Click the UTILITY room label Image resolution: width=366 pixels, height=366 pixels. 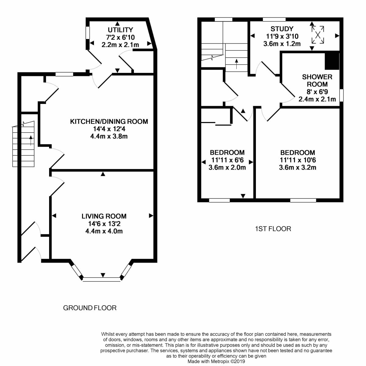click(x=120, y=30)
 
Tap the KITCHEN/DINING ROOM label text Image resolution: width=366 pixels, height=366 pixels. click(x=109, y=122)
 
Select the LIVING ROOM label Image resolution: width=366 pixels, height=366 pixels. click(x=104, y=216)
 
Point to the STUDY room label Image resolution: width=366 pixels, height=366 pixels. click(x=282, y=29)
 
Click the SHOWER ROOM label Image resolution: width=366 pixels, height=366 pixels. click(x=317, y=81)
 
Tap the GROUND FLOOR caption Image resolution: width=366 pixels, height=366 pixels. click(x=90, y=308)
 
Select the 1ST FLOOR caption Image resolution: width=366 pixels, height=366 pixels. click(x=273, y=229)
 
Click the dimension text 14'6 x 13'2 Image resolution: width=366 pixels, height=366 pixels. click(x=104, y=224)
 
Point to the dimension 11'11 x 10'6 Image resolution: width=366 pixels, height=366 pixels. click(x=298, y=160)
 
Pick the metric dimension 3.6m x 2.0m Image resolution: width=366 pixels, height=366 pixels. click(x=227, y=167)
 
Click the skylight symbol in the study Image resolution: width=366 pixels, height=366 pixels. click(x=318, y=35)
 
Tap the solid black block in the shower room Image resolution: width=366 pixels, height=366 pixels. click(x=332, y=61)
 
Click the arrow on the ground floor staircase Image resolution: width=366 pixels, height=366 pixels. click(x=31, y=140)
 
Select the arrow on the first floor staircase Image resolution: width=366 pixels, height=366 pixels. click(x=236, y=64)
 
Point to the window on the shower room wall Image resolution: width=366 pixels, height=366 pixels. click(x=342, y=95)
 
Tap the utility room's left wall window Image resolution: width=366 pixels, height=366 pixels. click(x=88, y=33)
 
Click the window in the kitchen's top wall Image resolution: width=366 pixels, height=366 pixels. click(x=64, y=74)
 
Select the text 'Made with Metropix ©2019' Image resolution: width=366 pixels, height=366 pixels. click(x=216, y=361)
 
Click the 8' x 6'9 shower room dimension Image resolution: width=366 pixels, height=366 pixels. click(x=317, y=92)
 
